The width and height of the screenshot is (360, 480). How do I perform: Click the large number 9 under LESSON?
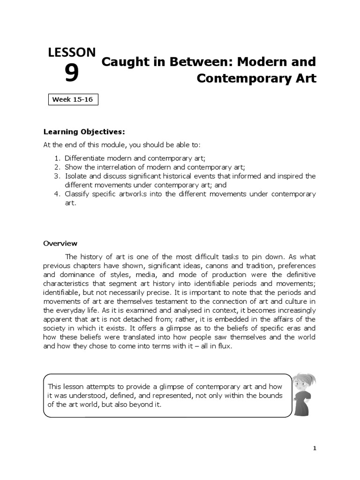click(71, 74)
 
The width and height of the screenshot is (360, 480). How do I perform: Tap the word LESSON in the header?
click(72, 53)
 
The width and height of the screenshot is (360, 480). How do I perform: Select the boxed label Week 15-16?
click(73, 100)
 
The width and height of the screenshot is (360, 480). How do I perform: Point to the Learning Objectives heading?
click(84, 131)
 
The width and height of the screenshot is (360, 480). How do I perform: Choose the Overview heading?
click(60, 243)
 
